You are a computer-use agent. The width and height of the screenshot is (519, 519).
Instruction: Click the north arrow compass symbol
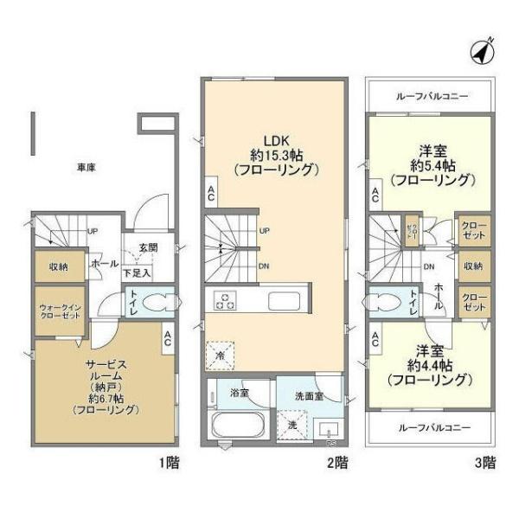tap(482, 51)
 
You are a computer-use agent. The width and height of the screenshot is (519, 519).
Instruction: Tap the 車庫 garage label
tap(84, 168)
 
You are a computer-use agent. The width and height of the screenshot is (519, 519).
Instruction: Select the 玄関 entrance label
tap(148, 247)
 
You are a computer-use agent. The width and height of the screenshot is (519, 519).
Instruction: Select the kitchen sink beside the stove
tap(284, 302)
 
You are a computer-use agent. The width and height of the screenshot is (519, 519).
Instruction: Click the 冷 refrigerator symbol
tap(220, 355)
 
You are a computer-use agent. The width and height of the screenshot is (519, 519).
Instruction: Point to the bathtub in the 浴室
tap(236, 426)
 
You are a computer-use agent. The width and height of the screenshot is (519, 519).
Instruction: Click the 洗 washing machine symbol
tap(291, 425)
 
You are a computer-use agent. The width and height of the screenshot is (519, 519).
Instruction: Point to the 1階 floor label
tap(169, 461)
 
